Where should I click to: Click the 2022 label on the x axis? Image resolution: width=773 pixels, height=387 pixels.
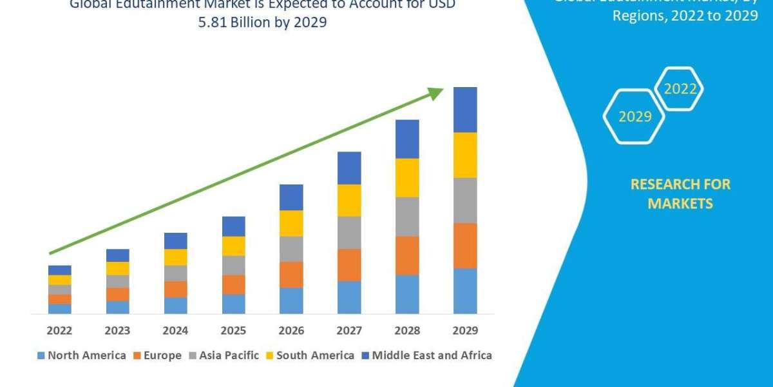click(59, 331)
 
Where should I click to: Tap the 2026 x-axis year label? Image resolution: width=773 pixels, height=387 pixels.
click(291, 331)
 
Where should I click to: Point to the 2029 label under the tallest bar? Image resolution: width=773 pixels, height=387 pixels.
click(465, 331)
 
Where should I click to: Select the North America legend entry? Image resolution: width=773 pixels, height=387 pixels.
click(82, 355)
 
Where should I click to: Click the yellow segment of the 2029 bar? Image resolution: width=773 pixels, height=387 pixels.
click(465, 155)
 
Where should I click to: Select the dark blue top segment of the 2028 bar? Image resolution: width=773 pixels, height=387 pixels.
click(407, 139)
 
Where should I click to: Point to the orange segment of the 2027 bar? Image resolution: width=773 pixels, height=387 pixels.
click(349, 264)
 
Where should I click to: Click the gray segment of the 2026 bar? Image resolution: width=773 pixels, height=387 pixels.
click(291, 248)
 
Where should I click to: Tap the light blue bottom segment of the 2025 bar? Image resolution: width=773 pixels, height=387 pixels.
click(233, 304)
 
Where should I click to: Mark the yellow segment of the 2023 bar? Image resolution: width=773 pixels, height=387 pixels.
click(117, 268)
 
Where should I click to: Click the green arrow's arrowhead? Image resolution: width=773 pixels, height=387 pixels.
click(436, 94)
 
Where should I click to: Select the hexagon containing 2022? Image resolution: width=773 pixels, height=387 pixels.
click(680, 89)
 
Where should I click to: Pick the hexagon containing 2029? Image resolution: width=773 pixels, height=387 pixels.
click(634, 117)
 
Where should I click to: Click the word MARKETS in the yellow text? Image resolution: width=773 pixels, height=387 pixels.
click(680, 204)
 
